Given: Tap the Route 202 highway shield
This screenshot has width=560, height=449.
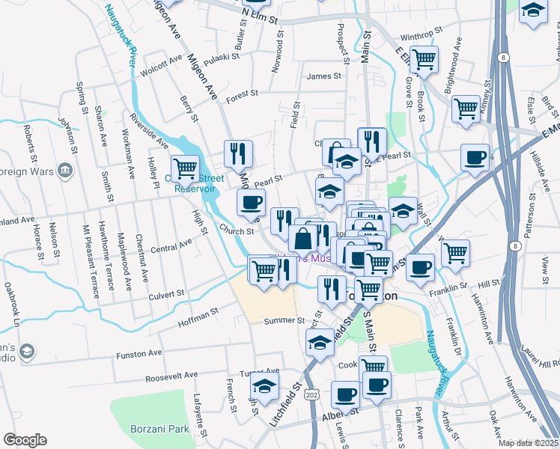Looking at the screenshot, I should click(311, 394).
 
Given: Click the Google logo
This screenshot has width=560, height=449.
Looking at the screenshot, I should click(25, 440).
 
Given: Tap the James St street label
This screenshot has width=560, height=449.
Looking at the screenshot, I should click(323, 76).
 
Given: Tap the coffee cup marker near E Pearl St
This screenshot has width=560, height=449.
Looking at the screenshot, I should click(475, 158).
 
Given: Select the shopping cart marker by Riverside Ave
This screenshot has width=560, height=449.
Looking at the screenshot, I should click(184, 168).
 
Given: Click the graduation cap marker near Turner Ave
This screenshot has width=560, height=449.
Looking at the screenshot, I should click(263, 387).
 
